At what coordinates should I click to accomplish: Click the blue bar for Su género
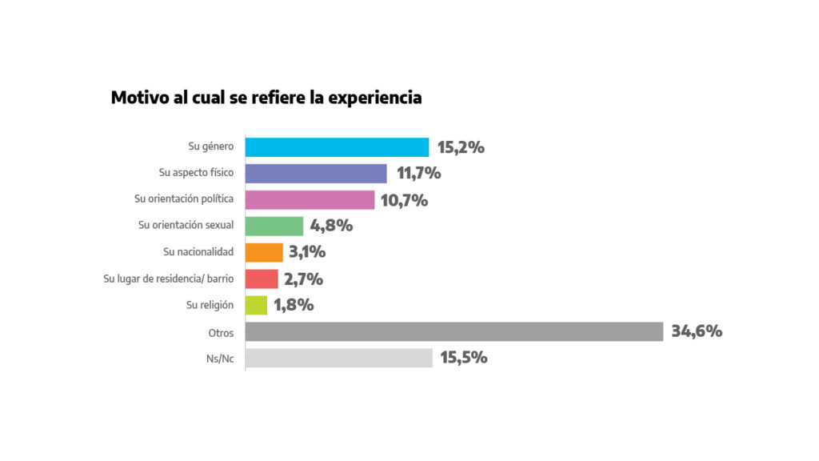pos(337,147)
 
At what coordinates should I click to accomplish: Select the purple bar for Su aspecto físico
pos(316,174)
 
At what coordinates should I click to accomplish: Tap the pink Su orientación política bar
pos(310,200)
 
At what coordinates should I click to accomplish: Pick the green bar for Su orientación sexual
pos(274,226)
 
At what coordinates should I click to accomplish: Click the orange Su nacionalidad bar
pos(264,252)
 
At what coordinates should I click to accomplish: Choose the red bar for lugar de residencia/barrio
pos(262,279)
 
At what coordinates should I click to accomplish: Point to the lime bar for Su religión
pos(256,305)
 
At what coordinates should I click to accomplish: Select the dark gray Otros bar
pos(453,331)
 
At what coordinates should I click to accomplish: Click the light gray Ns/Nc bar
pos(338,358)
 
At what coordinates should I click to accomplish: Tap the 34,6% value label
pos(697,331)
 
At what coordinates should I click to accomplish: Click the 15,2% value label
pos(461,147)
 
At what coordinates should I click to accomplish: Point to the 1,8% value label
pos(294,305)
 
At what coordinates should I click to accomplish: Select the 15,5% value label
pos(463,358)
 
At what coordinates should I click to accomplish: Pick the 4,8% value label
pos(331,226)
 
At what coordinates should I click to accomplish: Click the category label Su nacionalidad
pos(198,252)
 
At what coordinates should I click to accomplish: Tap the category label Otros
pos(220,331)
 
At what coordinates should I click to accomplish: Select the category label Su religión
pos(210,305)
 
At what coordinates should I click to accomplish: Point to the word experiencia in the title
pos(375,99)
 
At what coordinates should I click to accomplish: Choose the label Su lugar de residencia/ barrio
pos(169,279)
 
